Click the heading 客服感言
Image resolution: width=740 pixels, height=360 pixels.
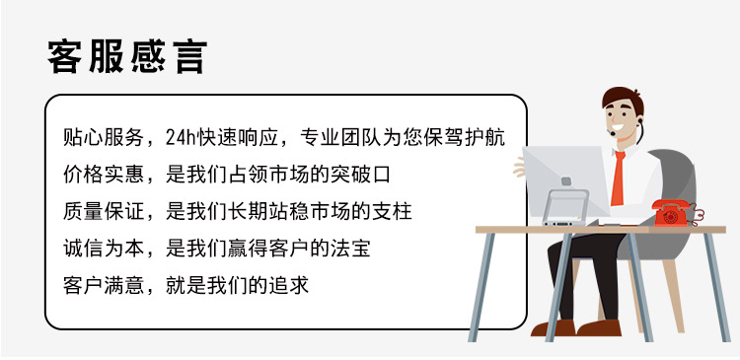point(127,56)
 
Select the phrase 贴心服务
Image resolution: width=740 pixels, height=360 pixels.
point(103,137)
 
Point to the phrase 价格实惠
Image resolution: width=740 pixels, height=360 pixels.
point(103,175)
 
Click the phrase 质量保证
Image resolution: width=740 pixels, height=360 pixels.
point(103,211)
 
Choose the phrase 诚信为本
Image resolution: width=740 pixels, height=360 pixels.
point(103,249)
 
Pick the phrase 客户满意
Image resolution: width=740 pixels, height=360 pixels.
point(103,285)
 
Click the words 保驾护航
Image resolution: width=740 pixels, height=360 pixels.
point(465,137)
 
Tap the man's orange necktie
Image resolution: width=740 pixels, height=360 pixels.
point(619,179)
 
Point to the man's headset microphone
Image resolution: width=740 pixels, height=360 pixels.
point(613,133)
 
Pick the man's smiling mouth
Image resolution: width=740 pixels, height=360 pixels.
point(619,127)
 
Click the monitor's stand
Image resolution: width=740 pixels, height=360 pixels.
point(565,207)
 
